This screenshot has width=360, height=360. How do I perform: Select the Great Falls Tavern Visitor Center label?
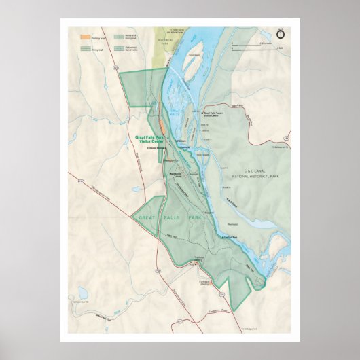[217, 113]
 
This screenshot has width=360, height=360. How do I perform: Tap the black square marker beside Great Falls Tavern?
[201, 113]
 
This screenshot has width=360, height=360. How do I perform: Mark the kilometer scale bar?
[253, 43]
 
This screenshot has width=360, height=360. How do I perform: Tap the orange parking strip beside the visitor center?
[162, 126]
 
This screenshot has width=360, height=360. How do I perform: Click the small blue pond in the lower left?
[83, 293]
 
